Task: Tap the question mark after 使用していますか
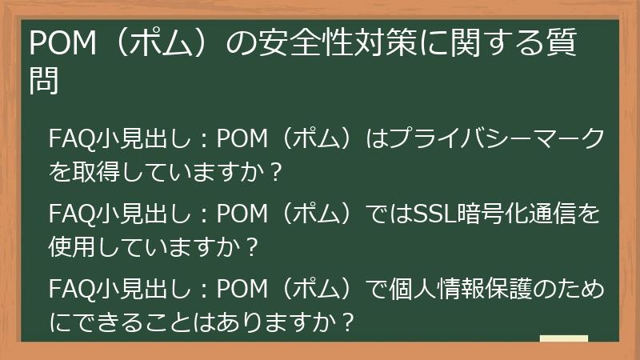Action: tap(252, 248)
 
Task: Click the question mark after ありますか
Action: tap(347, 322)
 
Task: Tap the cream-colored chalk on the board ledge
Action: tap(564, 339)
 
